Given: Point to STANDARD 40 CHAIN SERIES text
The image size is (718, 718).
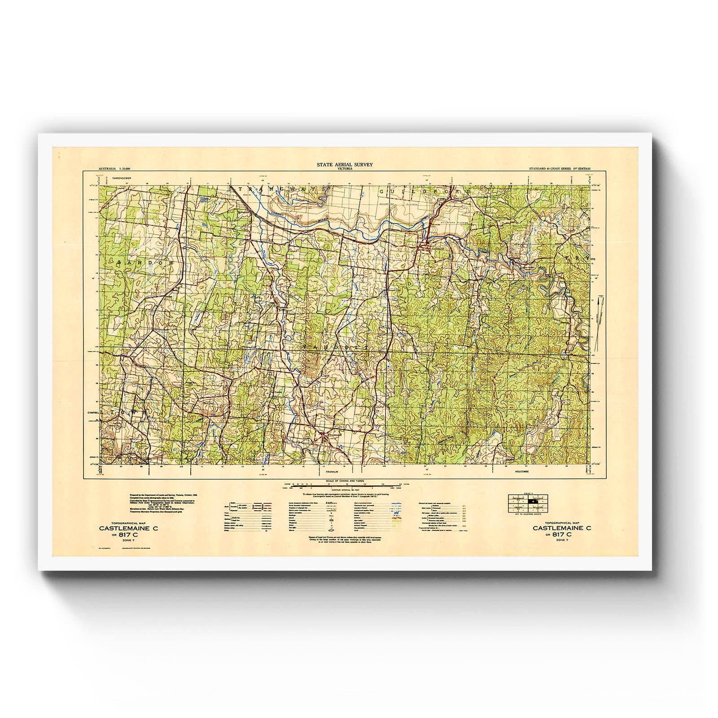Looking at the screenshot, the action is [546, 168].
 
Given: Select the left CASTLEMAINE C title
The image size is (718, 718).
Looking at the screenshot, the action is [129, 529].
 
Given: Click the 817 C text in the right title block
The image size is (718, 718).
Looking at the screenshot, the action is [561, 534].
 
